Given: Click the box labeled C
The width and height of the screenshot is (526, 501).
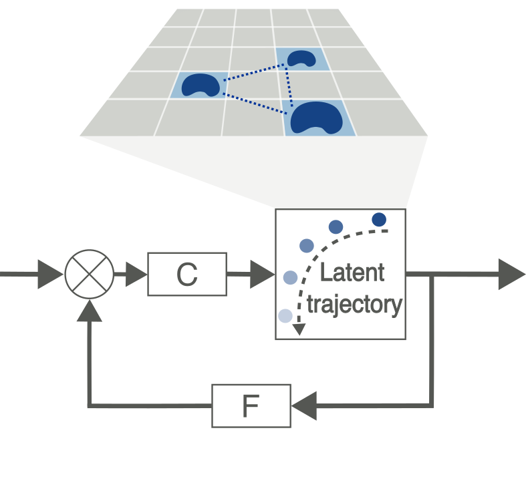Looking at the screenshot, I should [186, 274].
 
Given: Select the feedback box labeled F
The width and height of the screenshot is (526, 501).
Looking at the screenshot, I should [251, 405].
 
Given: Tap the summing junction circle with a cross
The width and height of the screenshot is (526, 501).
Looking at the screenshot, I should [90, 274].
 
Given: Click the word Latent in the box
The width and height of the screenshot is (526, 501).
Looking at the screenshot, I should [352, 273].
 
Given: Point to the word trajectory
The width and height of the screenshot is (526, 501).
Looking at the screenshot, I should [354, 305].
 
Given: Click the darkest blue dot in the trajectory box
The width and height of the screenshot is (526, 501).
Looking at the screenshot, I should [379, 219].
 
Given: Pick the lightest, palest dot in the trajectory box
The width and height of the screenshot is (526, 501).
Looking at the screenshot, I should [285, 316].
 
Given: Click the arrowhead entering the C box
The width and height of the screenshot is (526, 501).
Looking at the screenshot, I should [136, 274].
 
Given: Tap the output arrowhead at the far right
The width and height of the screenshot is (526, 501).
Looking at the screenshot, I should [511, 274].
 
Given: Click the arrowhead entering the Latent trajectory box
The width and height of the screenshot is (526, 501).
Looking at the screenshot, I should [263, 274].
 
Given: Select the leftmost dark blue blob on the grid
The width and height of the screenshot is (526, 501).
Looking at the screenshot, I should [200, 84].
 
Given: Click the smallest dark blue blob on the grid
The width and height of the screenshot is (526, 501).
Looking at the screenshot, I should [301, 58].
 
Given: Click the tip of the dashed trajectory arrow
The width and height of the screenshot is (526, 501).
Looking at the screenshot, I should [299, 330].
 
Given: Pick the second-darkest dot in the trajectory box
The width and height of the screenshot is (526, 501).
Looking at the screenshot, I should [336, 227].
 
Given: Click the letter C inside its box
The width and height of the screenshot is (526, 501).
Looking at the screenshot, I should [186, 275].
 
